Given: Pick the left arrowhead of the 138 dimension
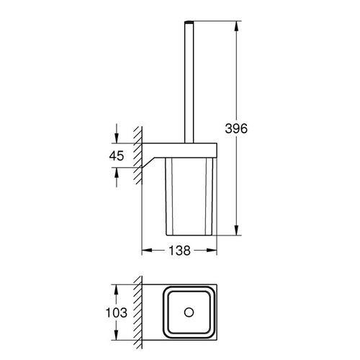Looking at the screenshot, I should tap(145, 251).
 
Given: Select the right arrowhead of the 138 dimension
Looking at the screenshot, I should tap(212, 251).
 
